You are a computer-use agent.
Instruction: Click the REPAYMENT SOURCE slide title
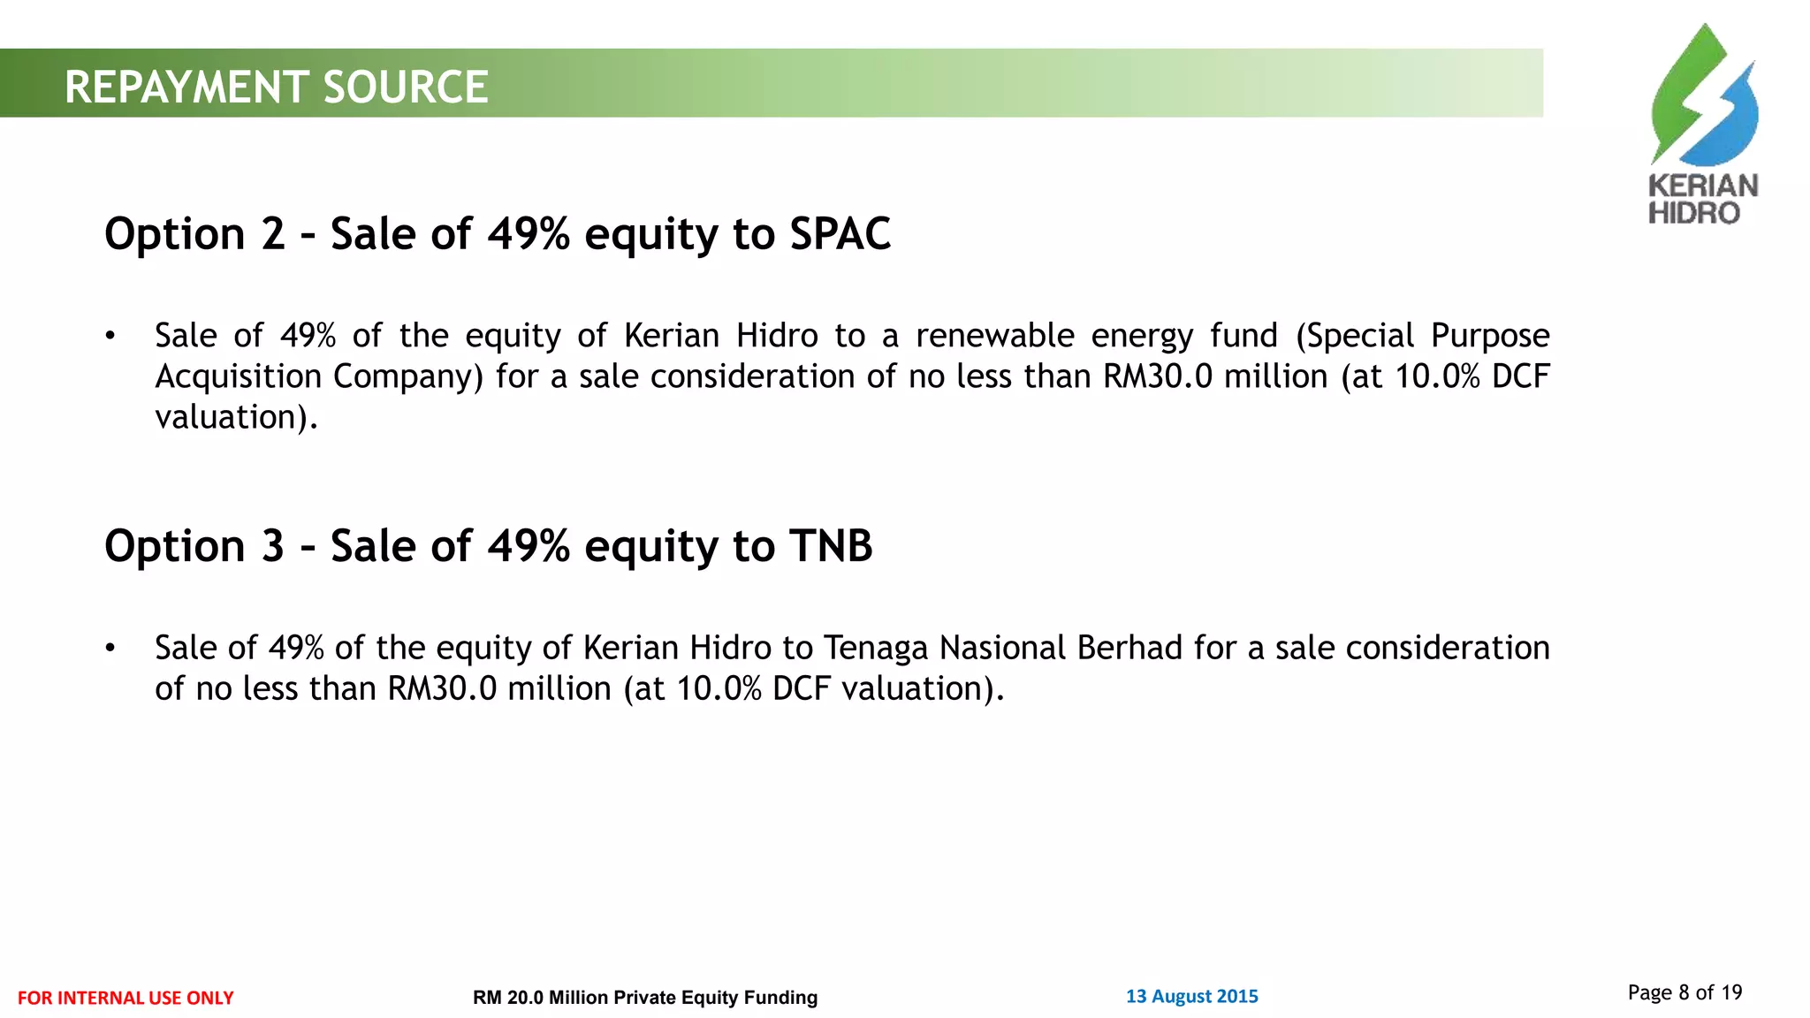(276, 87)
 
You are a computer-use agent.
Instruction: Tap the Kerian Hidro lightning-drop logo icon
(1703, 97)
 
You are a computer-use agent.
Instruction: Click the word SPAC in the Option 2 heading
(840, 234)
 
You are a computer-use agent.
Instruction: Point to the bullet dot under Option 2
(110, 336)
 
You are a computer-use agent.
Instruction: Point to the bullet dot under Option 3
(110, 648)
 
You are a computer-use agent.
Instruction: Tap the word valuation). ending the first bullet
(236, 417)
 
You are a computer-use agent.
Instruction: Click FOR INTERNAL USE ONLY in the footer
(125, 998)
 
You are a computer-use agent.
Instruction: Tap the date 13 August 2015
(1191, 997)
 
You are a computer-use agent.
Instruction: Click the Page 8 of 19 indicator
(1685, 992)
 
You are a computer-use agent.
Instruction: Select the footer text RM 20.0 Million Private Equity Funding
(645, 998)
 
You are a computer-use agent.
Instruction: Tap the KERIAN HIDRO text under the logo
(1702, 200)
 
